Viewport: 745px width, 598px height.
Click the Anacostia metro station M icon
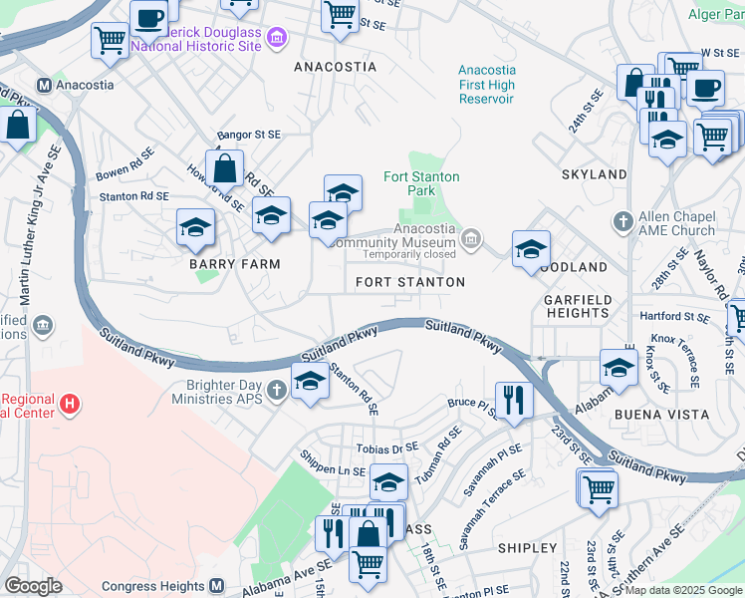[44, 86]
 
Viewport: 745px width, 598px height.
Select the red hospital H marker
[69, 405]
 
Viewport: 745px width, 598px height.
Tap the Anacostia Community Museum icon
[471, 238]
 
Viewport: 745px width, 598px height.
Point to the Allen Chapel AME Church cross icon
[622, 221]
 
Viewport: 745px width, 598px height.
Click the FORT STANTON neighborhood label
[410, 282]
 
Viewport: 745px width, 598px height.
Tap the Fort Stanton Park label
[422, 183]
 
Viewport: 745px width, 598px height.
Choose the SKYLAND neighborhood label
[594, 174]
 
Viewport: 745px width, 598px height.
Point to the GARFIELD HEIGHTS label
[576, 305]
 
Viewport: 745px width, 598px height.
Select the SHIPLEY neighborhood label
[527, 548]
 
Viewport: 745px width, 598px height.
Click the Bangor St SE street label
[249, 134]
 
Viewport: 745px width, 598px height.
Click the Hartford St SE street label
[674, 317]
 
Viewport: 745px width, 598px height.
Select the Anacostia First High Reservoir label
[486, 85]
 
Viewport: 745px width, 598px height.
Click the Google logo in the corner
[33, 586]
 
